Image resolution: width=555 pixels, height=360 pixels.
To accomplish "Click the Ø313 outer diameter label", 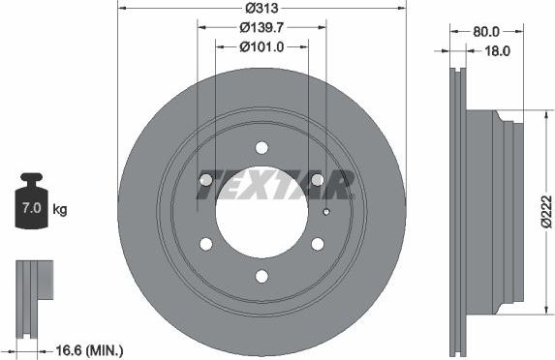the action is (262, 8).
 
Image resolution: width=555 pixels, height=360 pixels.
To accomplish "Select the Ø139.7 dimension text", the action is (262, 28).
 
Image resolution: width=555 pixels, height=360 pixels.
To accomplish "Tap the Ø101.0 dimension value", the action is (262, 46).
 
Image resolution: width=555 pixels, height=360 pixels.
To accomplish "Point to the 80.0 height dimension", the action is (486, 32).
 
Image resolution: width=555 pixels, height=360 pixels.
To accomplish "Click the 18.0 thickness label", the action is (497, 51).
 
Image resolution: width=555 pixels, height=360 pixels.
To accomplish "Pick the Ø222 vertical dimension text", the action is (547, 211).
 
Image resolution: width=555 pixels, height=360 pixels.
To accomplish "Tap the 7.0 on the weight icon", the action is (32, 208).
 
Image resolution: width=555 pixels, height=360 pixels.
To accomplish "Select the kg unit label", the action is (59, 209).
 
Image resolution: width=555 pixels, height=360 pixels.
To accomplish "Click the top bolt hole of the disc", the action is (262, 147).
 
